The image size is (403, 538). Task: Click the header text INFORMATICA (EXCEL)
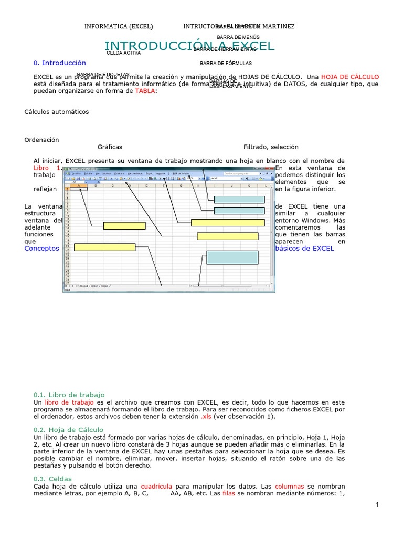119,26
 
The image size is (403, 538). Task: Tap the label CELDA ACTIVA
123,53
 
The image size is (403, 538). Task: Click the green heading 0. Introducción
59,63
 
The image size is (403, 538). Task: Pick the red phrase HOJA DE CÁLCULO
350,77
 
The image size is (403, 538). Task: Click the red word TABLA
145,91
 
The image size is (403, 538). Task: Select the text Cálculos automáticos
57,112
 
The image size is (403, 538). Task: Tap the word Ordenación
42,140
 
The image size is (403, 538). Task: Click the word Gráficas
110,147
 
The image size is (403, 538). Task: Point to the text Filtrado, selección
271,147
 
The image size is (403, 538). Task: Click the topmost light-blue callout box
239,200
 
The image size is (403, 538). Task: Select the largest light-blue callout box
232,257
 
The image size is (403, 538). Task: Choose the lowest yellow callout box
105,247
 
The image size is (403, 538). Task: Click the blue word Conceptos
42,249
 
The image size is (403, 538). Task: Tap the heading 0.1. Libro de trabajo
69,395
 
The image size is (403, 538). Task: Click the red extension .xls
206,417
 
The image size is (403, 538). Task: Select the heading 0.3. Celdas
52,479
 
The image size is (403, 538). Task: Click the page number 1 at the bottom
377,505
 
